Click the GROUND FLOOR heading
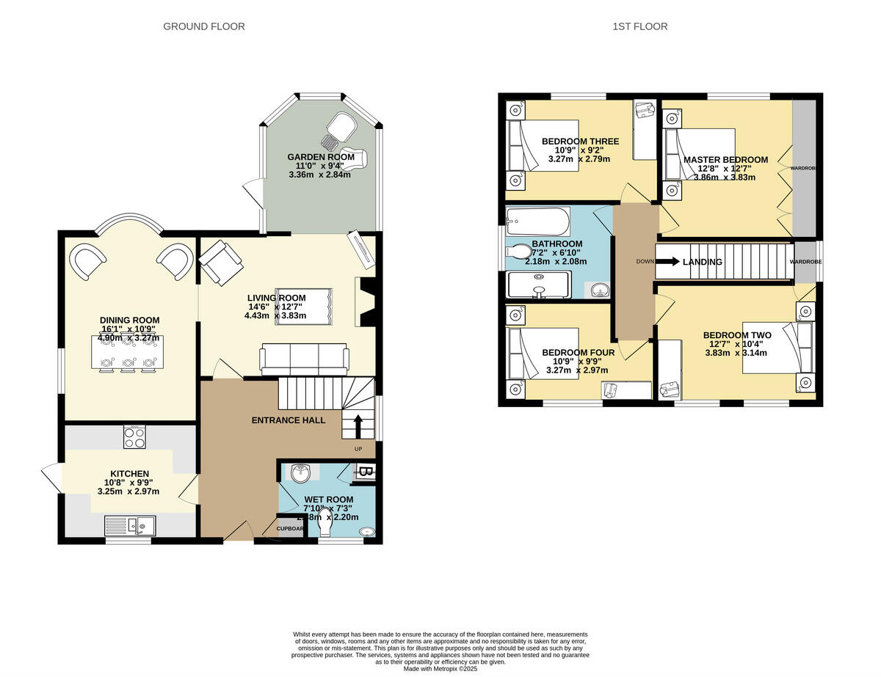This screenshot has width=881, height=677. coord(203,26)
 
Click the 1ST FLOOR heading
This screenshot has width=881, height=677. coord(640,26)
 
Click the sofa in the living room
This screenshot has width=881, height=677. coord(304,358)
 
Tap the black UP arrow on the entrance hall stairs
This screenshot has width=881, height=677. coord(358,425)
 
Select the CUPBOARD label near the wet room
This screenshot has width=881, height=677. coord(290,528)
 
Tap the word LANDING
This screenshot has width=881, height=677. coord(702,262)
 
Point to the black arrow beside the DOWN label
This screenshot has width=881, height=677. coord(667,261)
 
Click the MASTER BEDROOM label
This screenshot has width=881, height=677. coord(725,160)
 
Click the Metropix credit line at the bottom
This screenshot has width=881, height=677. coord(440,668)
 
